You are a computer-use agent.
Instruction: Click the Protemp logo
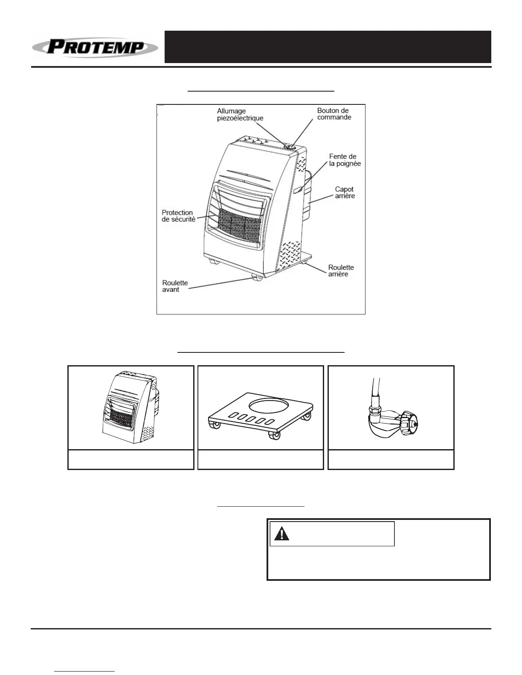coord(95,47)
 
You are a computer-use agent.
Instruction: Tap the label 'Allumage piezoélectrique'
coord(240,115)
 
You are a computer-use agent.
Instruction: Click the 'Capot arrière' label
coord(345,193)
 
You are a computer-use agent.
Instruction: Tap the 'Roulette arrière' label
coord(341,271)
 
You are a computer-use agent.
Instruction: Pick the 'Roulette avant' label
coord(175,286)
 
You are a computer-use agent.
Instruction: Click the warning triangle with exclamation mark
coord(281,534)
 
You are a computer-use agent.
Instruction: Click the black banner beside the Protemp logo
coord(328,47)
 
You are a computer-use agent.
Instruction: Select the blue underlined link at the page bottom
coord(85,672)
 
